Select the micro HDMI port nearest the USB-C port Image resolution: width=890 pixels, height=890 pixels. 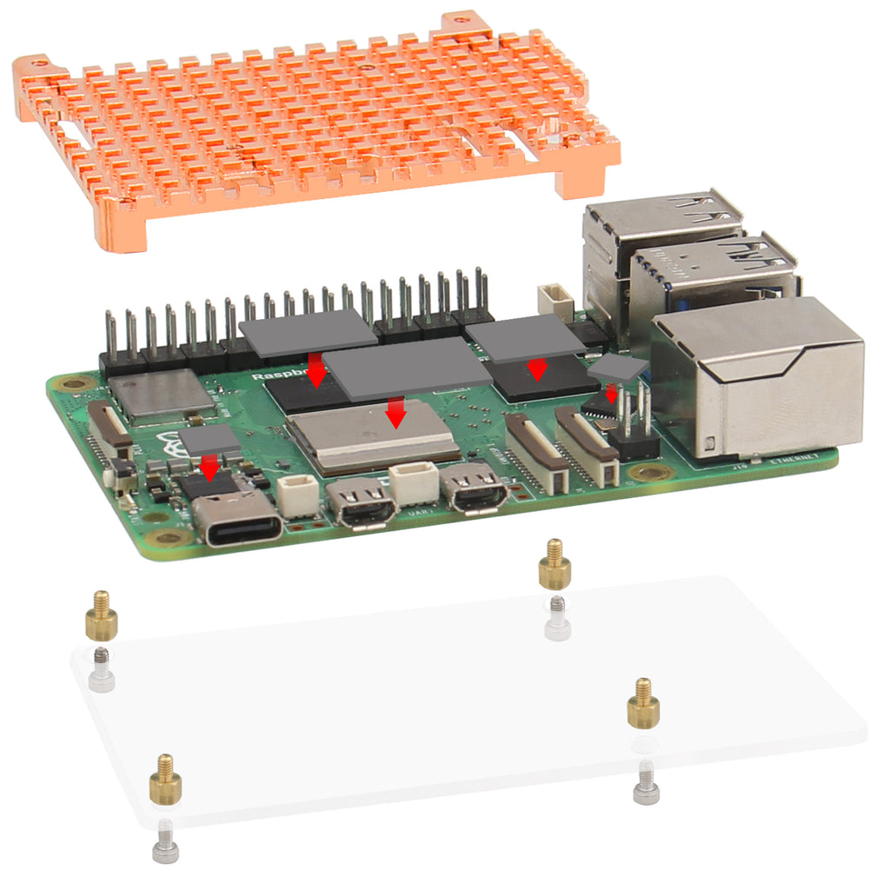click(x=362, y=505)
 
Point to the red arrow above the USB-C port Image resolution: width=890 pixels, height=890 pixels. click(x=209, y=467)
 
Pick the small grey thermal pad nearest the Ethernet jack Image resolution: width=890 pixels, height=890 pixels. click(x=618, y=368)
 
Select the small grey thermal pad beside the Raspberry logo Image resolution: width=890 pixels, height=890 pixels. click(x=209, y=439)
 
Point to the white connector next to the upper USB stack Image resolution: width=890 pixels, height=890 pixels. click(x=554, y=301)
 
